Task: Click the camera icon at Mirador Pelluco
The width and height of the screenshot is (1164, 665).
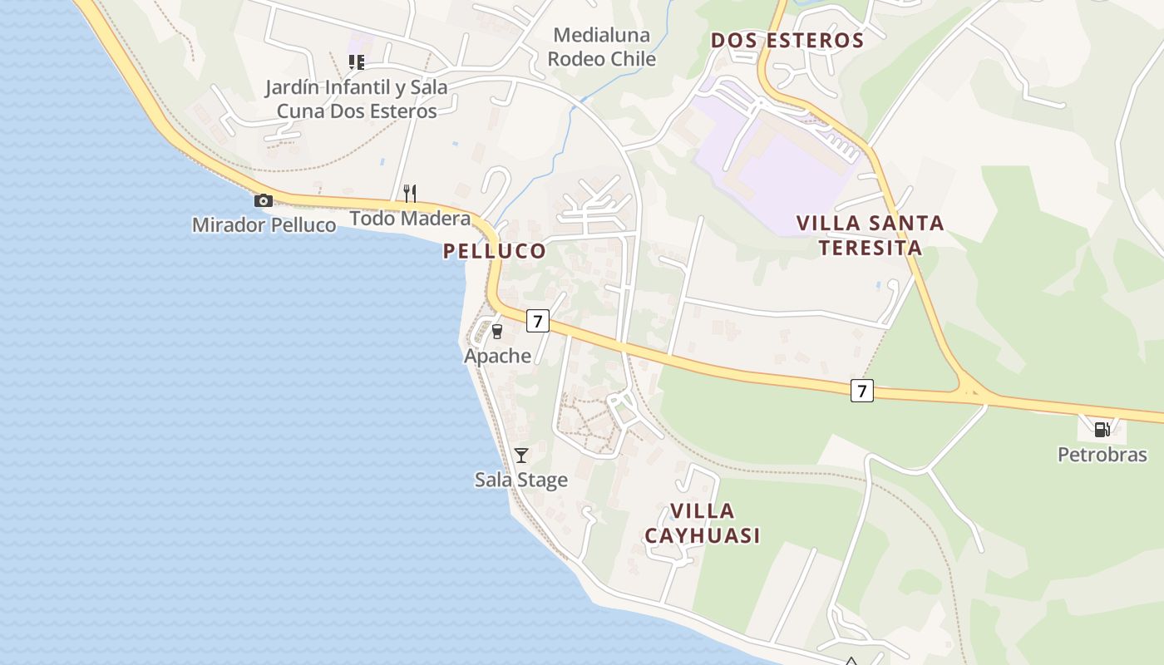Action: (x=264, y=200)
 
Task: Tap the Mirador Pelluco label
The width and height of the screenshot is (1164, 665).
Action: (x=264, y=225)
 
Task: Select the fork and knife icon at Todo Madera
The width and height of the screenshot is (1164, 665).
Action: (x=409, y=194)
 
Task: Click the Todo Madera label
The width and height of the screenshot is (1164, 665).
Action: (x=410, y=219)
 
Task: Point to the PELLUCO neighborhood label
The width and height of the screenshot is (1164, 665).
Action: (x=495, y=251)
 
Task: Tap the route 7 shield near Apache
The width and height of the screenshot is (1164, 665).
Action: (x=538, y=321)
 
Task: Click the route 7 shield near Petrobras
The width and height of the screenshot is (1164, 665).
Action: (x=862, y=390)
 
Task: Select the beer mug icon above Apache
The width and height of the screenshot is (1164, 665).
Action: (x=497, y=332)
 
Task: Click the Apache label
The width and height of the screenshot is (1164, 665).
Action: (x=497, y=357)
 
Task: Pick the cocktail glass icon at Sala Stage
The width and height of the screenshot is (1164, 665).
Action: (x=521, y=456)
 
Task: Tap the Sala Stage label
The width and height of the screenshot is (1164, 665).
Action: (x=521, y=480)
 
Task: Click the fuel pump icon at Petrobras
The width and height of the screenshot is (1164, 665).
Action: (x=1102, y=430)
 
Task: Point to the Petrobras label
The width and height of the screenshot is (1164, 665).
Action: (x=1102, y=455)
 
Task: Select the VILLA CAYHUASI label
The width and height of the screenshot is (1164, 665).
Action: (x=702, y=523)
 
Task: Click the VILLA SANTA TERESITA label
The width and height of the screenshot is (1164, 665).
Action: (x=870, y=235)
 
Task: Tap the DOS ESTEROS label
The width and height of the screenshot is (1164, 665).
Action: (x=787, y=41)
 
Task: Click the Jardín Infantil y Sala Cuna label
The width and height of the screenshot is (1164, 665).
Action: (x=357, y=99)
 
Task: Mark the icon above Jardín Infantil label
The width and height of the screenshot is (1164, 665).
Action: (x=357, y=62)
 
